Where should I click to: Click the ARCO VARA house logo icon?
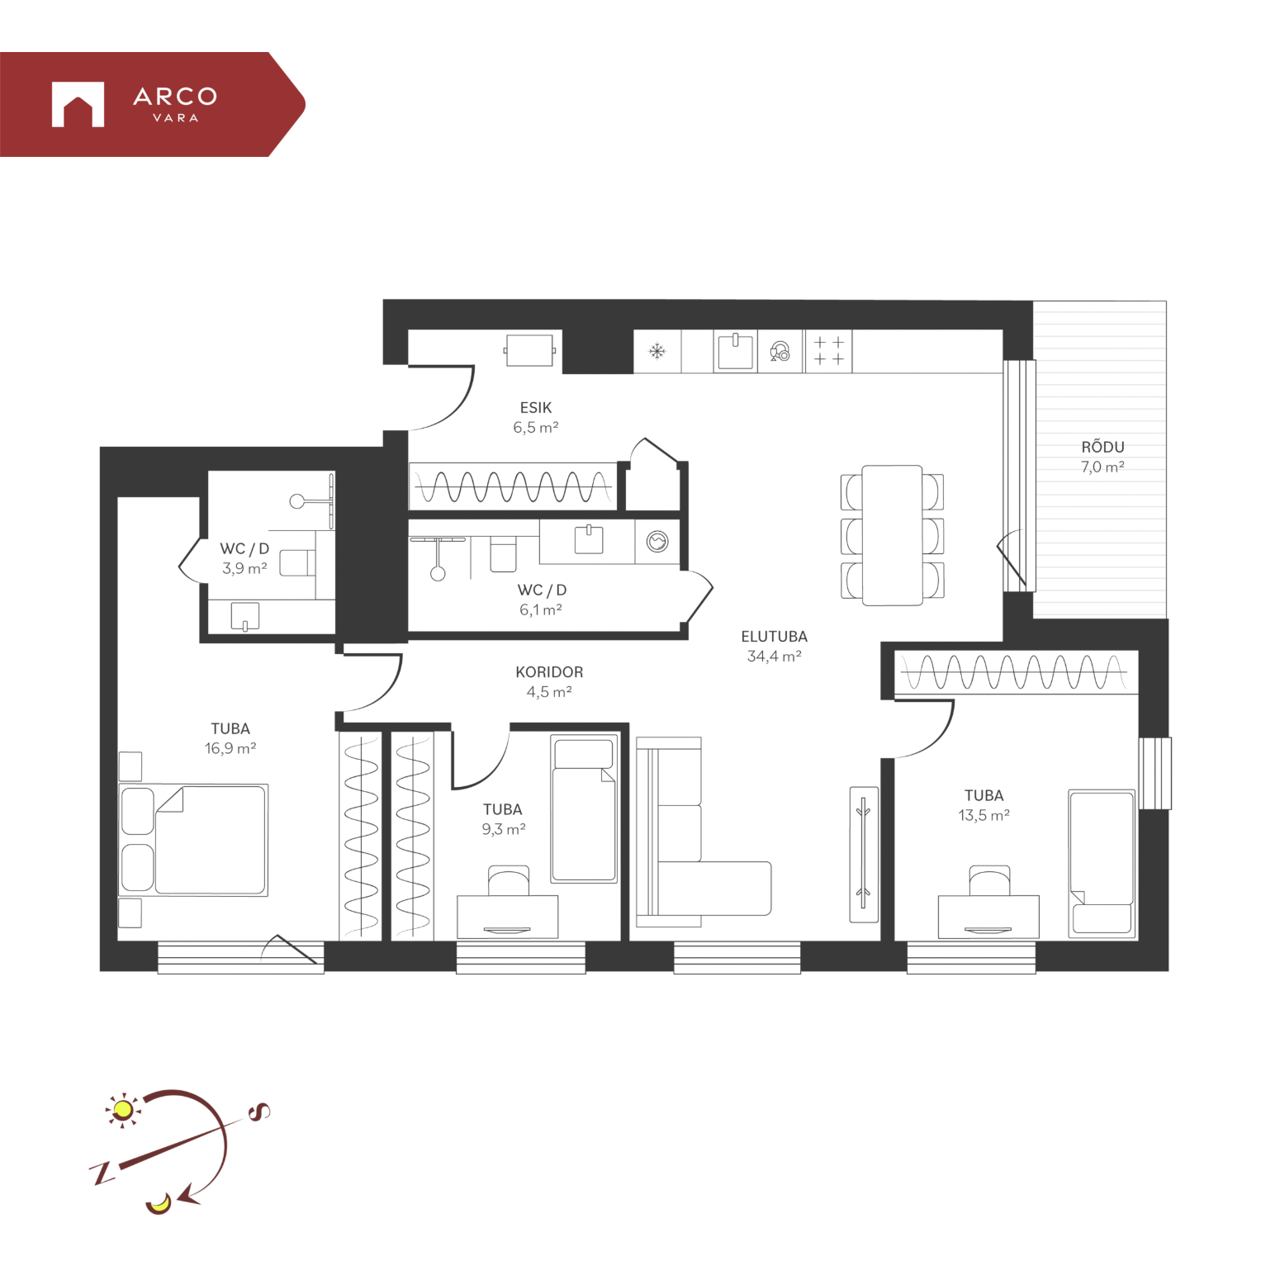point(78,104)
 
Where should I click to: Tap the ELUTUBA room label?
point(774,637)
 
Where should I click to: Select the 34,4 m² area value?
point(774,657)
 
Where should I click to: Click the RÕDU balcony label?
point(1102,447)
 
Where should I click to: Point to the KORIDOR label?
point(549,672)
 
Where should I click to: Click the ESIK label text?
point(535,408)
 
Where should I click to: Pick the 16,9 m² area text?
point(230,748)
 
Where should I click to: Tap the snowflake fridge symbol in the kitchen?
point(656,352)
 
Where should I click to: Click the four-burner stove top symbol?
point(829,351)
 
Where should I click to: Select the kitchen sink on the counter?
point(735,350)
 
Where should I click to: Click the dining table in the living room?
point(892,535)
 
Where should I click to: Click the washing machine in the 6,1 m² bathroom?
point(657,542)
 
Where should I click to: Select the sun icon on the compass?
point(124,1110)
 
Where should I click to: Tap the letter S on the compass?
point(259,1112)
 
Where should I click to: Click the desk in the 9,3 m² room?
point(507,917)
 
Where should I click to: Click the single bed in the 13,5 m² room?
point(1102,863)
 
